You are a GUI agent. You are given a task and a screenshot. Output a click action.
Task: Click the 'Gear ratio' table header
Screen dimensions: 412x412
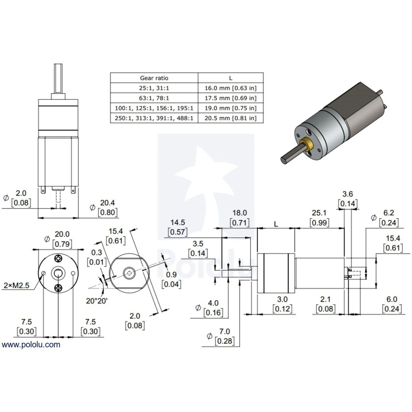154,78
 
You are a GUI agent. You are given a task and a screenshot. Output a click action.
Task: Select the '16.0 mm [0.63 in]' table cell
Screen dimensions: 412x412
230,88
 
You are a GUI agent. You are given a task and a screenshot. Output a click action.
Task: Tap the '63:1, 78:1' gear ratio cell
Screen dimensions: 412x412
154,98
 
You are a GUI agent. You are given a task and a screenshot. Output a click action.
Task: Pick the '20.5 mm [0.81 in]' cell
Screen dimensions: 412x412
230,118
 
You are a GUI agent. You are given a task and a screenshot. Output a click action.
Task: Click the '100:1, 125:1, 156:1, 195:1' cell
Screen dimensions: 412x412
154,108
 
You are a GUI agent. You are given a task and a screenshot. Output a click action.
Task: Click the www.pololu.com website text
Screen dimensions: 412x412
31,345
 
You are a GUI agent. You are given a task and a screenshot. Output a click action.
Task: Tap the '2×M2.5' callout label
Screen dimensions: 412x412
16,285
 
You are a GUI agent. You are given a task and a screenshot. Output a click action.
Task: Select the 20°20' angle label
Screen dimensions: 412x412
97,301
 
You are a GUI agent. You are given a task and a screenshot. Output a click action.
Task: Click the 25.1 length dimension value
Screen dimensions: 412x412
319,213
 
